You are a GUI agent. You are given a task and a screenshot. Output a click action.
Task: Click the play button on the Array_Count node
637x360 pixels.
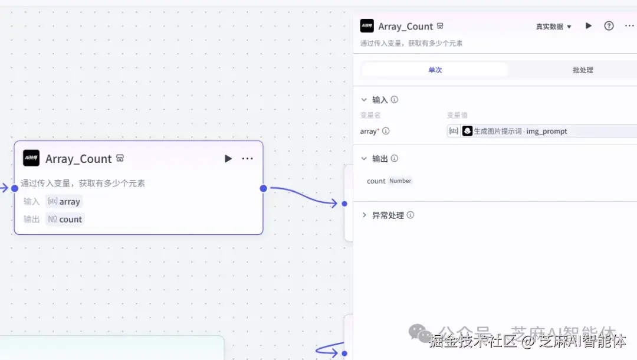click(228, 159)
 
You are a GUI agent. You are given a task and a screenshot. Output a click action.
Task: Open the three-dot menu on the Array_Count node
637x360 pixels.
click(248, 159)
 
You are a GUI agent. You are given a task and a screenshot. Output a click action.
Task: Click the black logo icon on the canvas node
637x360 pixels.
click(31, 158)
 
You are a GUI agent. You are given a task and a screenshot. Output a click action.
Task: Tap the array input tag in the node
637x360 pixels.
click(64, 202)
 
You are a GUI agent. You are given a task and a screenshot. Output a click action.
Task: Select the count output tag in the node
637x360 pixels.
click(65, 220)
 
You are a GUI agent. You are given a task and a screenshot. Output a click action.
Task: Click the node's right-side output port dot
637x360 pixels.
click(263, 188)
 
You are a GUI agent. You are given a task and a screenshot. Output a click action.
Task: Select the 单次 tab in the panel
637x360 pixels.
click(435, 70)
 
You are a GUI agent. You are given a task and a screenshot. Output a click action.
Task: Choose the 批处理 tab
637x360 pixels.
click(583, 70)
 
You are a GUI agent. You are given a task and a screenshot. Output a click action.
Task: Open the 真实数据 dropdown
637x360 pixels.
click(554, 27)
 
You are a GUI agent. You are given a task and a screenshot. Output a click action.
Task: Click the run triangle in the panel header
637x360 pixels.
click(588, 26)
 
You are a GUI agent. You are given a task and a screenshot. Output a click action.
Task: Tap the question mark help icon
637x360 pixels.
click(609, 26)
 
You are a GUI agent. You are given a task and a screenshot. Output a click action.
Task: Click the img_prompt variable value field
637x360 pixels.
click(543, 131)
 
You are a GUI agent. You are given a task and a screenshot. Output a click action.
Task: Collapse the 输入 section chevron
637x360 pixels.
click(364, 100)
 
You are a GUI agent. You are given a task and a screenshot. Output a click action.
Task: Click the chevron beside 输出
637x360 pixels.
click(364, 158)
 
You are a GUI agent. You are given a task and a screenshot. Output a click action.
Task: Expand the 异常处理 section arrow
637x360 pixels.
click(364, 215)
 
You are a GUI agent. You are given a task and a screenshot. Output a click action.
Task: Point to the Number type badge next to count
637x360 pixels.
click(400, 181)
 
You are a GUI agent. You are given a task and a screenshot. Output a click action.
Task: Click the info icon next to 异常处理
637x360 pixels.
click(411, 215)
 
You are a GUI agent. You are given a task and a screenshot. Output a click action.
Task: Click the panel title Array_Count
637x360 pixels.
click(405, 27)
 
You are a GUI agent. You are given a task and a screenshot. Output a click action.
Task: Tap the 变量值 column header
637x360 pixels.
click(457, 115)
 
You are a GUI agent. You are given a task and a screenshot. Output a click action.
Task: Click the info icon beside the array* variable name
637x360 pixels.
click(386, 131)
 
